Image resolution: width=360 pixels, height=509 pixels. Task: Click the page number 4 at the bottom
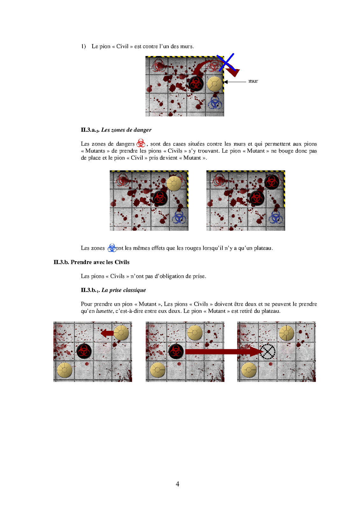coord(177,484)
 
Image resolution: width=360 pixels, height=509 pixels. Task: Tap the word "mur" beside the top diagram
coord(253,81)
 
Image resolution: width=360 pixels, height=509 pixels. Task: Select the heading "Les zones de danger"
coord(126,130)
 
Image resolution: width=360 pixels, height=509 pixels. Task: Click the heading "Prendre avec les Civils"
coord(100,262)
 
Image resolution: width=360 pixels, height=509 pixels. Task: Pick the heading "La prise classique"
coord(124,290)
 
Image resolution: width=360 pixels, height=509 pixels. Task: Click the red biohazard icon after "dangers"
coord(141,143)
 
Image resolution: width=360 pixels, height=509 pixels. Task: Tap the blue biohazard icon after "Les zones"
coord(112,248)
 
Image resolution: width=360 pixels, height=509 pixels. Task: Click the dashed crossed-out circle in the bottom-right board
coord(267,351)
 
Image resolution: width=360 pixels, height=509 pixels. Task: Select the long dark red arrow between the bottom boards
coord(223,352)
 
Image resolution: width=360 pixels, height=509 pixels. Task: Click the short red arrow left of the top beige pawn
coord(107,333)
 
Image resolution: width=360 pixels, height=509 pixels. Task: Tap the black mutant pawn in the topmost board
coord(195,83)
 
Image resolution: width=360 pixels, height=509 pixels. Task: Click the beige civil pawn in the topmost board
coord(215,84)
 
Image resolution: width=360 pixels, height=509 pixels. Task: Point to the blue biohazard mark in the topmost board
coord(215,103)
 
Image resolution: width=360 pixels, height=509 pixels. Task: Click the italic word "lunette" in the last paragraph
coord(104,311)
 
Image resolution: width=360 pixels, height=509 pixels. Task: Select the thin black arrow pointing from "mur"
coord(235,81)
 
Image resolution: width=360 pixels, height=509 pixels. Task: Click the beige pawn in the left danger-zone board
coord(174,183)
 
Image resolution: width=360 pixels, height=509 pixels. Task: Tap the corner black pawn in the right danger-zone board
coord(272,182)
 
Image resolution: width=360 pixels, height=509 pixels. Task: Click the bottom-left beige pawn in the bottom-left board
coord(65,370)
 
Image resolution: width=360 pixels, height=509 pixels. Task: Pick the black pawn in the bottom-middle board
coord(176,352)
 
